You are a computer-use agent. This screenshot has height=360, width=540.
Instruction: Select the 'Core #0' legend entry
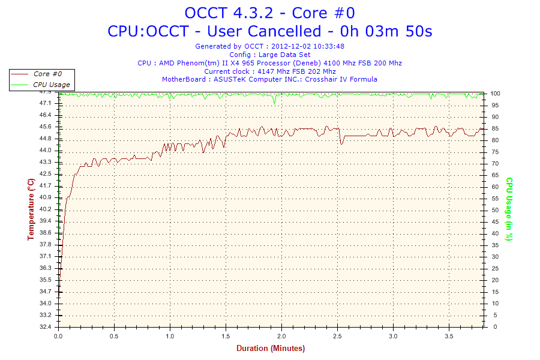pyautogui.click(x=47, y=74)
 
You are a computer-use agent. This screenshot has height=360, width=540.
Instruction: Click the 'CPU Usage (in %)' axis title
pyautogui.click(x=509, y=209)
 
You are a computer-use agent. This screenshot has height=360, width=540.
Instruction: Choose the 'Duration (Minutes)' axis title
pyautogui.click(x=270, y=349)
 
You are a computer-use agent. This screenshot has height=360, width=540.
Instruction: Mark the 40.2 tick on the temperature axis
pyautogui.click(x=46, y=209)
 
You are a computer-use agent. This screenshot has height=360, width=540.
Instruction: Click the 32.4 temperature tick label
pyautogui.click(x=46, y=327)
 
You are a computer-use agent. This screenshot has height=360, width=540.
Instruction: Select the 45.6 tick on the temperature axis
pyautogui.click(x=46, y=127)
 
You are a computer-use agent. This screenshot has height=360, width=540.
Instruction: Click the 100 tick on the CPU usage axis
pyautogui.click(x=496, y=94)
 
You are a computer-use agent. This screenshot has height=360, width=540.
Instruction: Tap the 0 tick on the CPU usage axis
pyautogui.click(x=493, y=327)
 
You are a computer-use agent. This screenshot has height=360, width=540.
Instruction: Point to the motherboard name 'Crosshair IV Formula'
pyautogui.click(x=341, y=79)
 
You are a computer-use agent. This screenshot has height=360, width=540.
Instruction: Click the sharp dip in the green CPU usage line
pyautogui.click(x=274, y=102)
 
